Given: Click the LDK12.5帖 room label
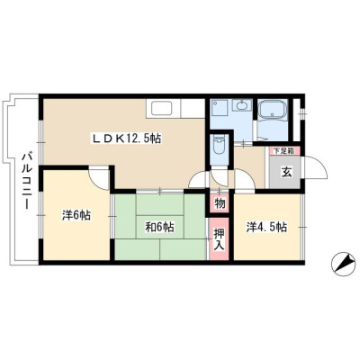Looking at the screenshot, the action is pyautogui.click(x=126, y=139).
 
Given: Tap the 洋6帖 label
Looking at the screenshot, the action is pyautogui.click(x=76, y=215).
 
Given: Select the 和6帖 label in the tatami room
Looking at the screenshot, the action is pyautogui.click(x=159, y=227).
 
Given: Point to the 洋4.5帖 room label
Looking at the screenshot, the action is pyautogui.click(x=266, y=227).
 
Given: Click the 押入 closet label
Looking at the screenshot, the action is pyautogui.click(x=219, y=239).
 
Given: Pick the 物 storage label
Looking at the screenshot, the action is pyautogui.click(x=220, y=204).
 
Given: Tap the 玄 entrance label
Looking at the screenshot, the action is pyautogui.click(x=286, y=173).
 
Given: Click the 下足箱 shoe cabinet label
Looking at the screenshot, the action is pyautogui.click(x=285, y=151).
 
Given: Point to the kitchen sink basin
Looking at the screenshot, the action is pyautogui.click(x=161, y=108).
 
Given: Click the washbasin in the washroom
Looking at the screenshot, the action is pyautogui.click(x=241, y=105).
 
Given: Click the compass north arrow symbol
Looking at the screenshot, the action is pyautogui.click(x=343, y=264).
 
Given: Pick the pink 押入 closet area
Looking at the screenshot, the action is pyautogui.click(x=219, y=238).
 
